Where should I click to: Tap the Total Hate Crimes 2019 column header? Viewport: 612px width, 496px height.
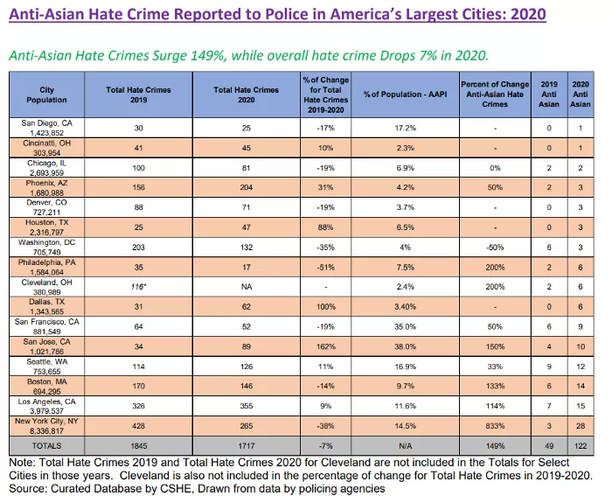coord(138,95)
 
